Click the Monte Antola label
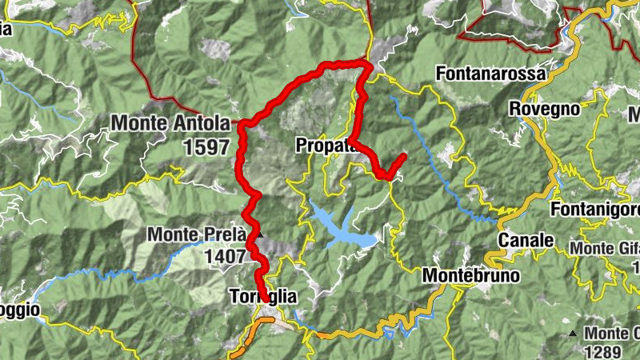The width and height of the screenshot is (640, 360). pyautogui.click(x=170, y=124)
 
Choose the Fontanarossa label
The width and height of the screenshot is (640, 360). pyautogui.click(x=491, y=74)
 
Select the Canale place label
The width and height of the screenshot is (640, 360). pyautogui.click(x=526, y=240)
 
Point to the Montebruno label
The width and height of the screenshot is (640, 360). pyautogui.click(x=470, y=276)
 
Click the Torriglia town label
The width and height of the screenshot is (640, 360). pyautogui.click(x=262, y=297)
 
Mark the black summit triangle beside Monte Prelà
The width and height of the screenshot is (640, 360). pyautogui.click(x=258, y=234)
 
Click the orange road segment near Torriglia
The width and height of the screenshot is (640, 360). pyautogui.click(x=254, y=334)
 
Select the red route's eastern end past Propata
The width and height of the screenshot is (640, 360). pyautogui.click(x=404, y=155)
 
